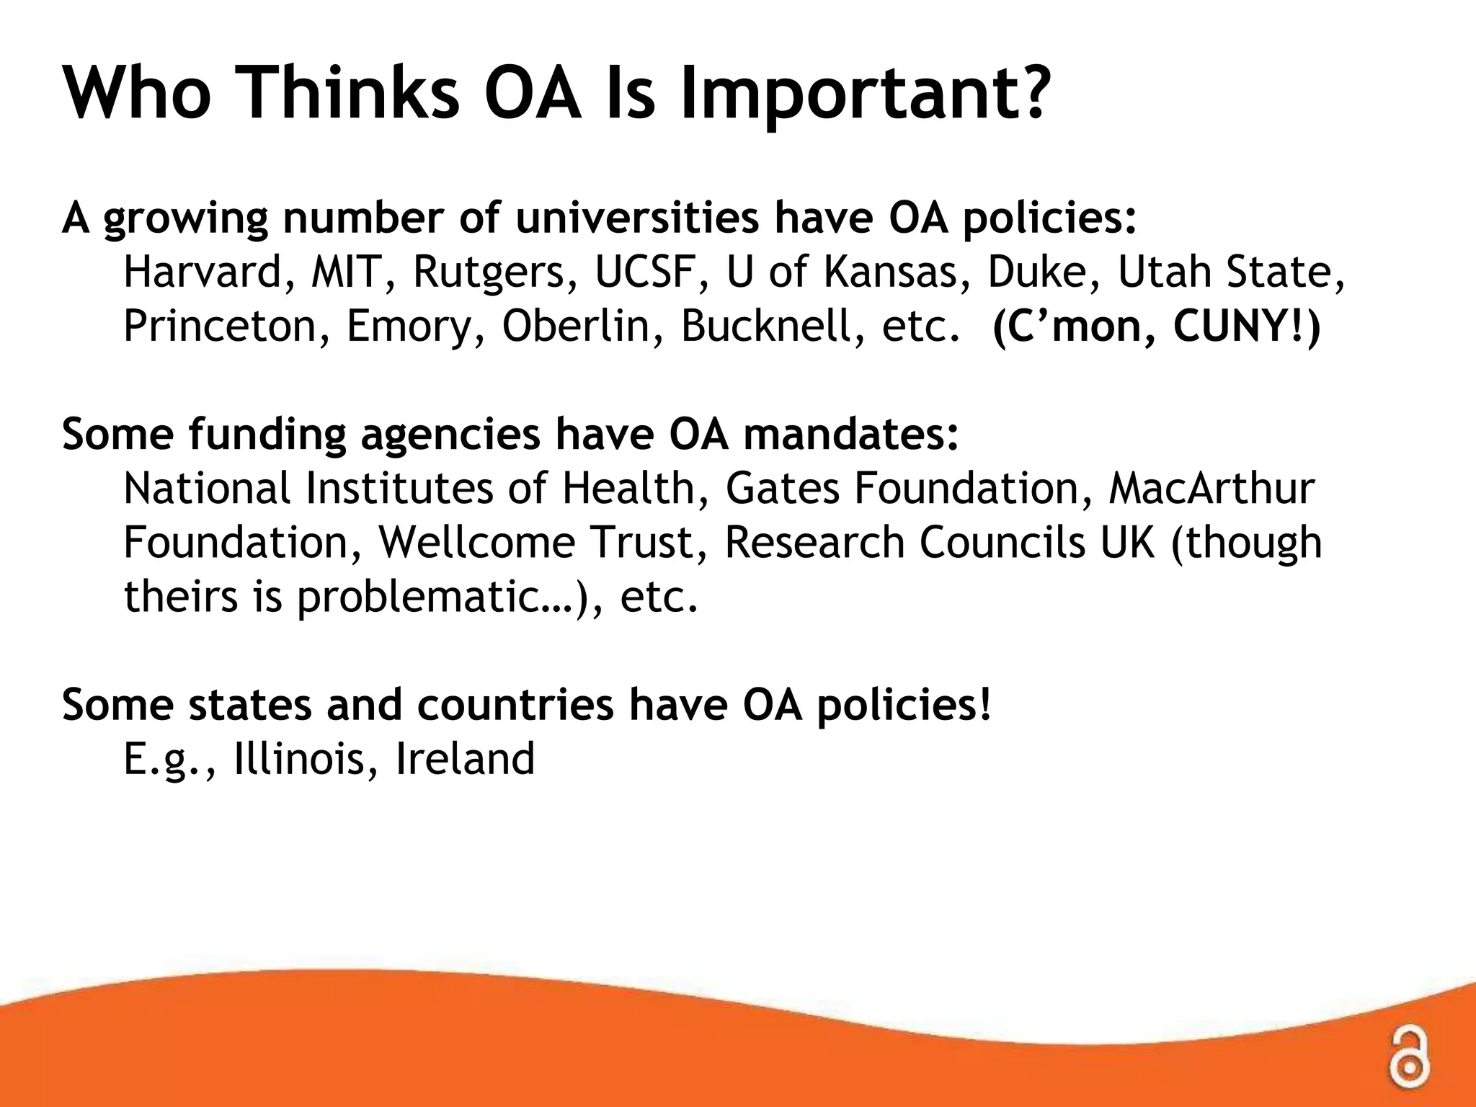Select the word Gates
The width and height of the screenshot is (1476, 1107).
[x=783, y=489]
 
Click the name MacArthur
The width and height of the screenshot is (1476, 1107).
[x=1211, y=489]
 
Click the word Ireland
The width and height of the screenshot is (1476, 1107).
[x=466, y=759]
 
